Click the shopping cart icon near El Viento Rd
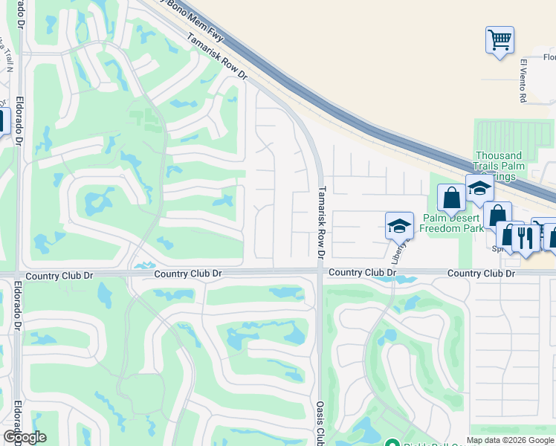click(x=500, y=39)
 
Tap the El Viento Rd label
click(x=523, y=80)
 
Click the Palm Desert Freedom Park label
click(x=452, y=223)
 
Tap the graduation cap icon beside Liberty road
click(x=399, y=225)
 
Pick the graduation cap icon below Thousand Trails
click(x=479, y=188)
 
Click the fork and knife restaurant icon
click(x=526, y=237)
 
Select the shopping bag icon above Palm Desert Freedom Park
click(x=451, y=198)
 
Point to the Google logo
click(x=25, y=437)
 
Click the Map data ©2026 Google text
click(x=511, y=440)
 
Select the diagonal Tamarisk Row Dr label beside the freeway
click(x=216, y=56)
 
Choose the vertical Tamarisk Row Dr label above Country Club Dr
click(x=322, y=222)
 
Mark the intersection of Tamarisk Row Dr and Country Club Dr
click(x=320, y=273)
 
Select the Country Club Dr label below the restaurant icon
click(x=481, y=274)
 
